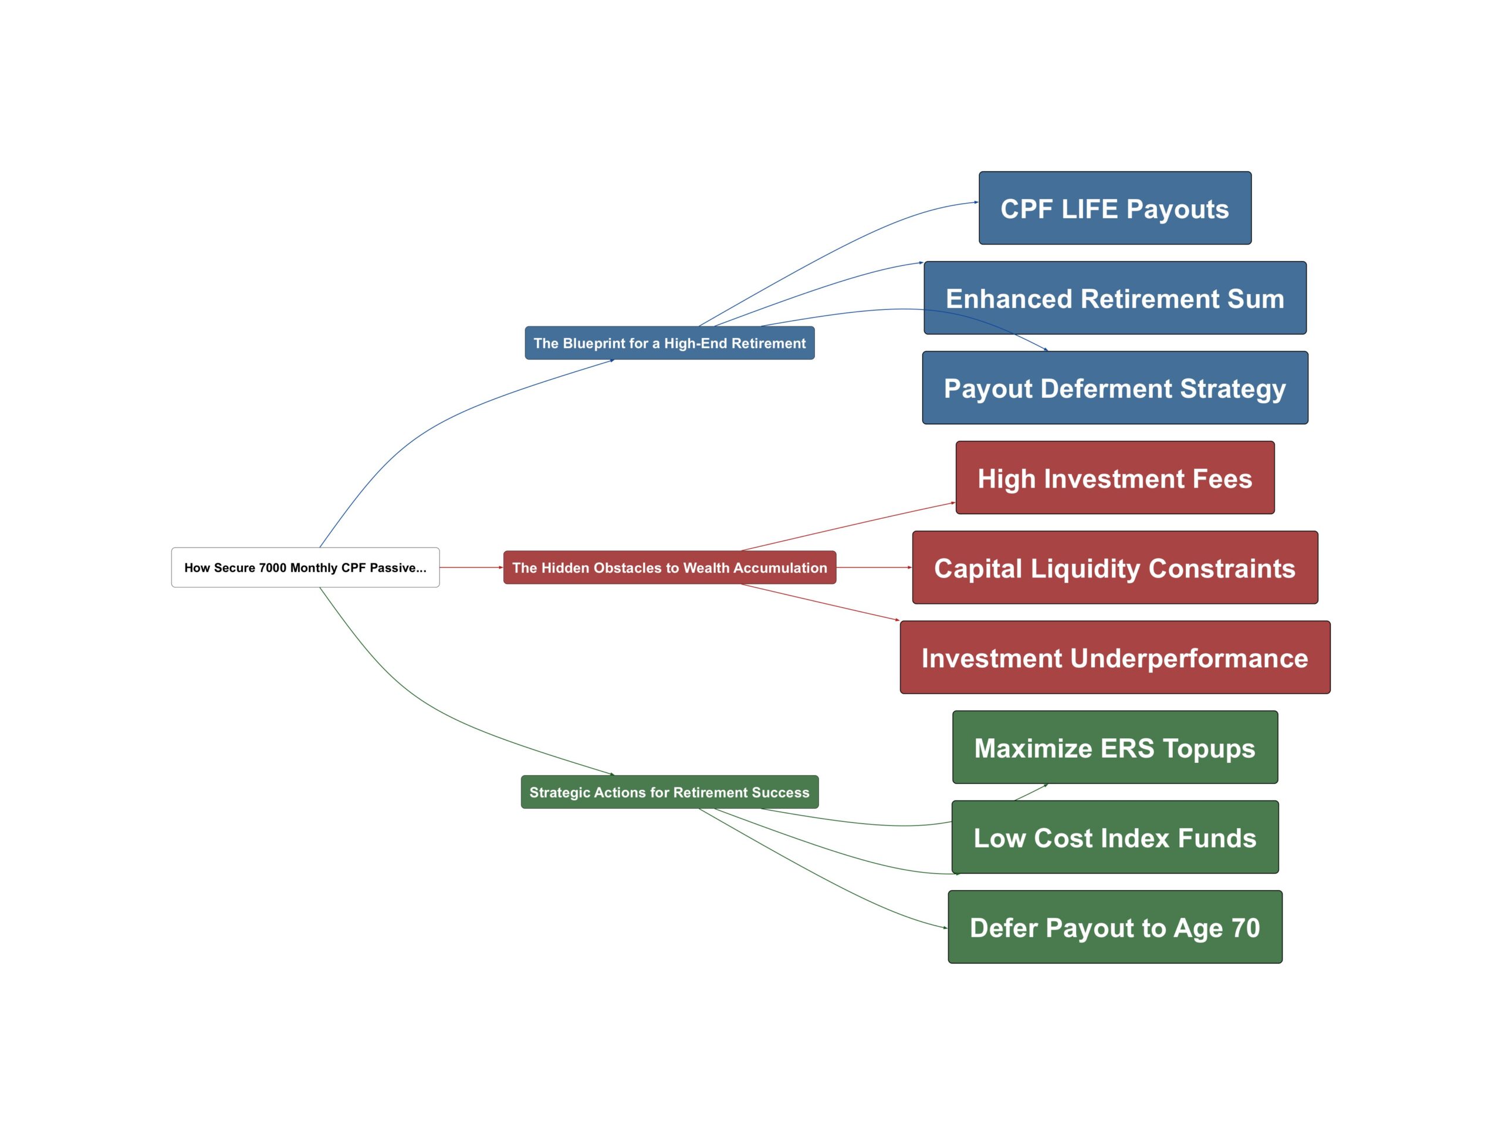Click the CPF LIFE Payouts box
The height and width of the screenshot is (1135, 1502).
point(1114,208)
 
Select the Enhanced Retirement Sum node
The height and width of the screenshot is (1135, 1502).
point(1114,298)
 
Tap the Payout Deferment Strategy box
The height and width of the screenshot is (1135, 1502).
point(1114,388)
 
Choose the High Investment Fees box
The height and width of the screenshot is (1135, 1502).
point(1114,478)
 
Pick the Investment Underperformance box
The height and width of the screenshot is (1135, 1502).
point(1114,657)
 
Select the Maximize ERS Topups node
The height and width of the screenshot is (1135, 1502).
point(1114,747)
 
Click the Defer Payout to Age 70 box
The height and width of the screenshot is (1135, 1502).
point(1114,927)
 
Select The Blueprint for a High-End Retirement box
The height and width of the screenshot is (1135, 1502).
point(669,343)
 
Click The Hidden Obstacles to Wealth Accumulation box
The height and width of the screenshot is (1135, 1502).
point(669,567)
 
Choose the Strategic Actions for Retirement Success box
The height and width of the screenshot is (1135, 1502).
point(669,792)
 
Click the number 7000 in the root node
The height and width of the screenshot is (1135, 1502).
point(272,568)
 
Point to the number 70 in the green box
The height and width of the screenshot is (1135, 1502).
point(1246,927)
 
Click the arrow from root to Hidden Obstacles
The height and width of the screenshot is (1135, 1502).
point(471,567)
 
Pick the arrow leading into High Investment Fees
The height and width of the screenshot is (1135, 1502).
point(849,526)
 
